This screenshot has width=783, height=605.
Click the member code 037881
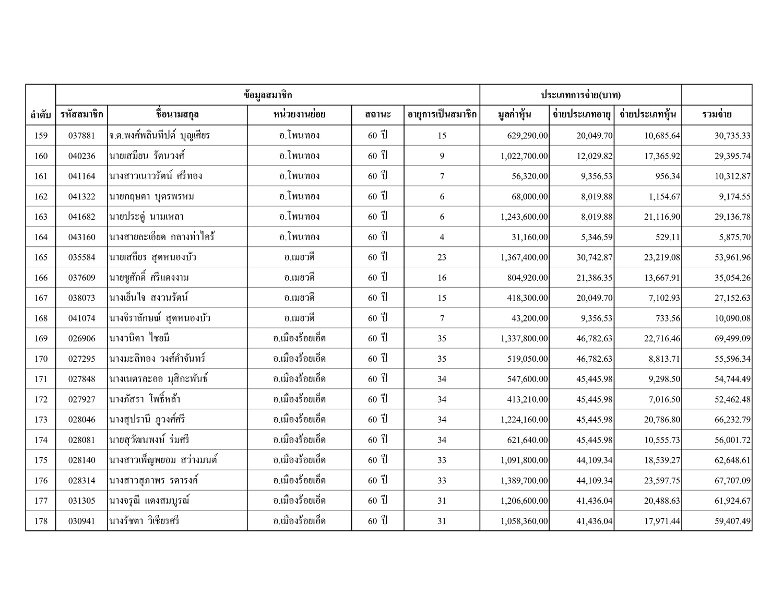(81, 136)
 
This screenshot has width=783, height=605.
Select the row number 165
(41, 257)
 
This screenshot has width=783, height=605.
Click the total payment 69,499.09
(732, 339)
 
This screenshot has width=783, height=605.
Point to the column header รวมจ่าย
(717, 115)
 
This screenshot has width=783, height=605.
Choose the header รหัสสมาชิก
(81, 115)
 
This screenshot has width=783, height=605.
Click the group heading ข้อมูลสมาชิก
(267, 95)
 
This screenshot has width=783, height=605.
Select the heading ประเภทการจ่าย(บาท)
(580, 95)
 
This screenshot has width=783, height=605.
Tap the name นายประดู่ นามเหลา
(147, 217)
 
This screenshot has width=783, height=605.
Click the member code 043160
(81, 237)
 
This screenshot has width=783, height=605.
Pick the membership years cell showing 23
(442, 257)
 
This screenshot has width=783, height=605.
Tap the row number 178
(41, 521)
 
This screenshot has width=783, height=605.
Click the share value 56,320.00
(530, 176)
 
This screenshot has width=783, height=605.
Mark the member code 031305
(81, 501)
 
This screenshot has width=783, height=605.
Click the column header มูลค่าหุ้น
(514, 115)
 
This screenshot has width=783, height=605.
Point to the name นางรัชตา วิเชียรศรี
(145, 521)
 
